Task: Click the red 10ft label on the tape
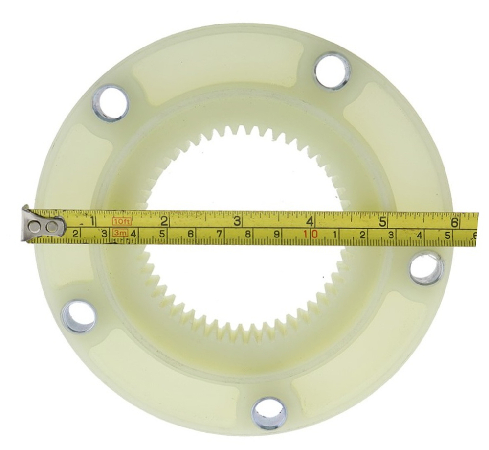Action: [x=122, y=222]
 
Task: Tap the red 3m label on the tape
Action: [x=120, y=233]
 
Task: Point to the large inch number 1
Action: [x=92, y=221]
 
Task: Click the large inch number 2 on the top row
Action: [x=164, y=221]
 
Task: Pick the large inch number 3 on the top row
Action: [x=237, y=221]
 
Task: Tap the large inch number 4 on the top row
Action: [x=310, y=221]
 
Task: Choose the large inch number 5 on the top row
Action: [x=383, y=222]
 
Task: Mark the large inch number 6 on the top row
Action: [x=455, y=223]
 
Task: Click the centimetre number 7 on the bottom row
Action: [x=219, y=234]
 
